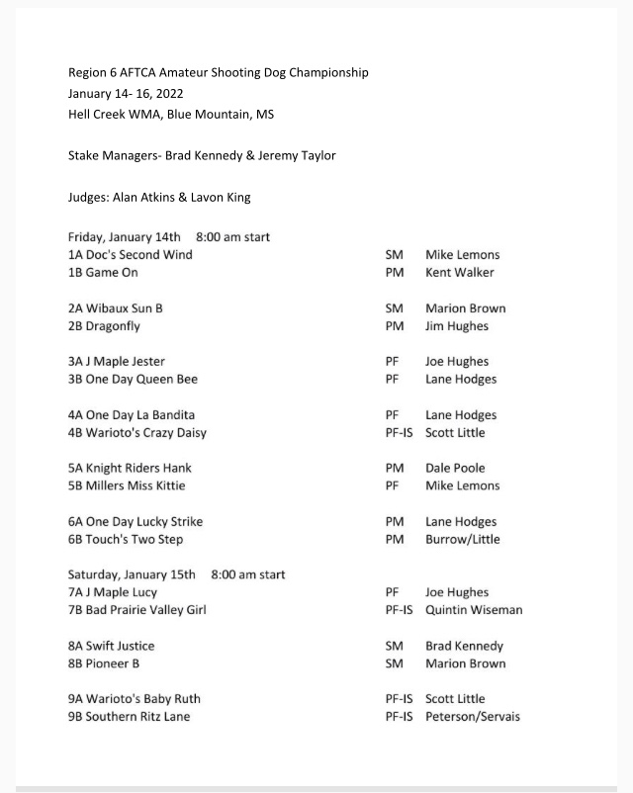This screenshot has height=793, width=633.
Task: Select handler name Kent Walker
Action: coord(459,273)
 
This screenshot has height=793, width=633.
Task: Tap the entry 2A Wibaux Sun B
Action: coord(116,308)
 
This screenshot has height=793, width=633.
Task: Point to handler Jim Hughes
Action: coord(457,326)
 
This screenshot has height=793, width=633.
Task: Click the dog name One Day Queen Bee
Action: coord(137,380)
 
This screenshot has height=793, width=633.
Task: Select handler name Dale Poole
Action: coord(455,469)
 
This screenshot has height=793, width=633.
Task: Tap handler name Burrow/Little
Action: coord(463,540)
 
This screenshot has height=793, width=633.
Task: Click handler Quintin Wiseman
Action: coord(474,611)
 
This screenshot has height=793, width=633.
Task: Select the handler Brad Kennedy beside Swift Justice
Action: coord(464,647)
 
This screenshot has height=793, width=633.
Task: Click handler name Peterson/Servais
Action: coord(473,717)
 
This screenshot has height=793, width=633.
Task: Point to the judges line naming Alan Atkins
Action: coord(159,198)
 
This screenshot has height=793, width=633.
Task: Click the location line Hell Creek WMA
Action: coord(171,115)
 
